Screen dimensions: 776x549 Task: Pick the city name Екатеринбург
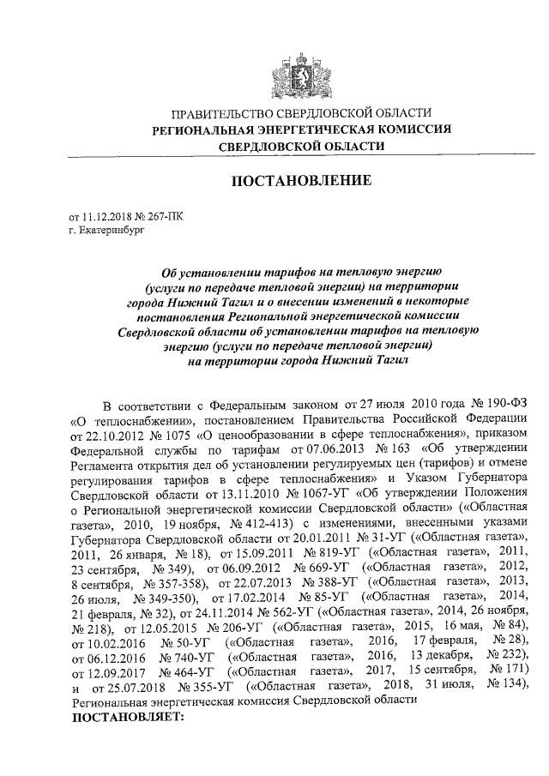click(x=109, y=231)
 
